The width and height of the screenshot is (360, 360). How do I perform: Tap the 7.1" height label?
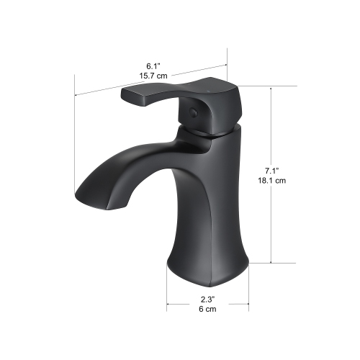click(271, 171)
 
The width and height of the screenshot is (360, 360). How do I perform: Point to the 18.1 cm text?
click(271, 181)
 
